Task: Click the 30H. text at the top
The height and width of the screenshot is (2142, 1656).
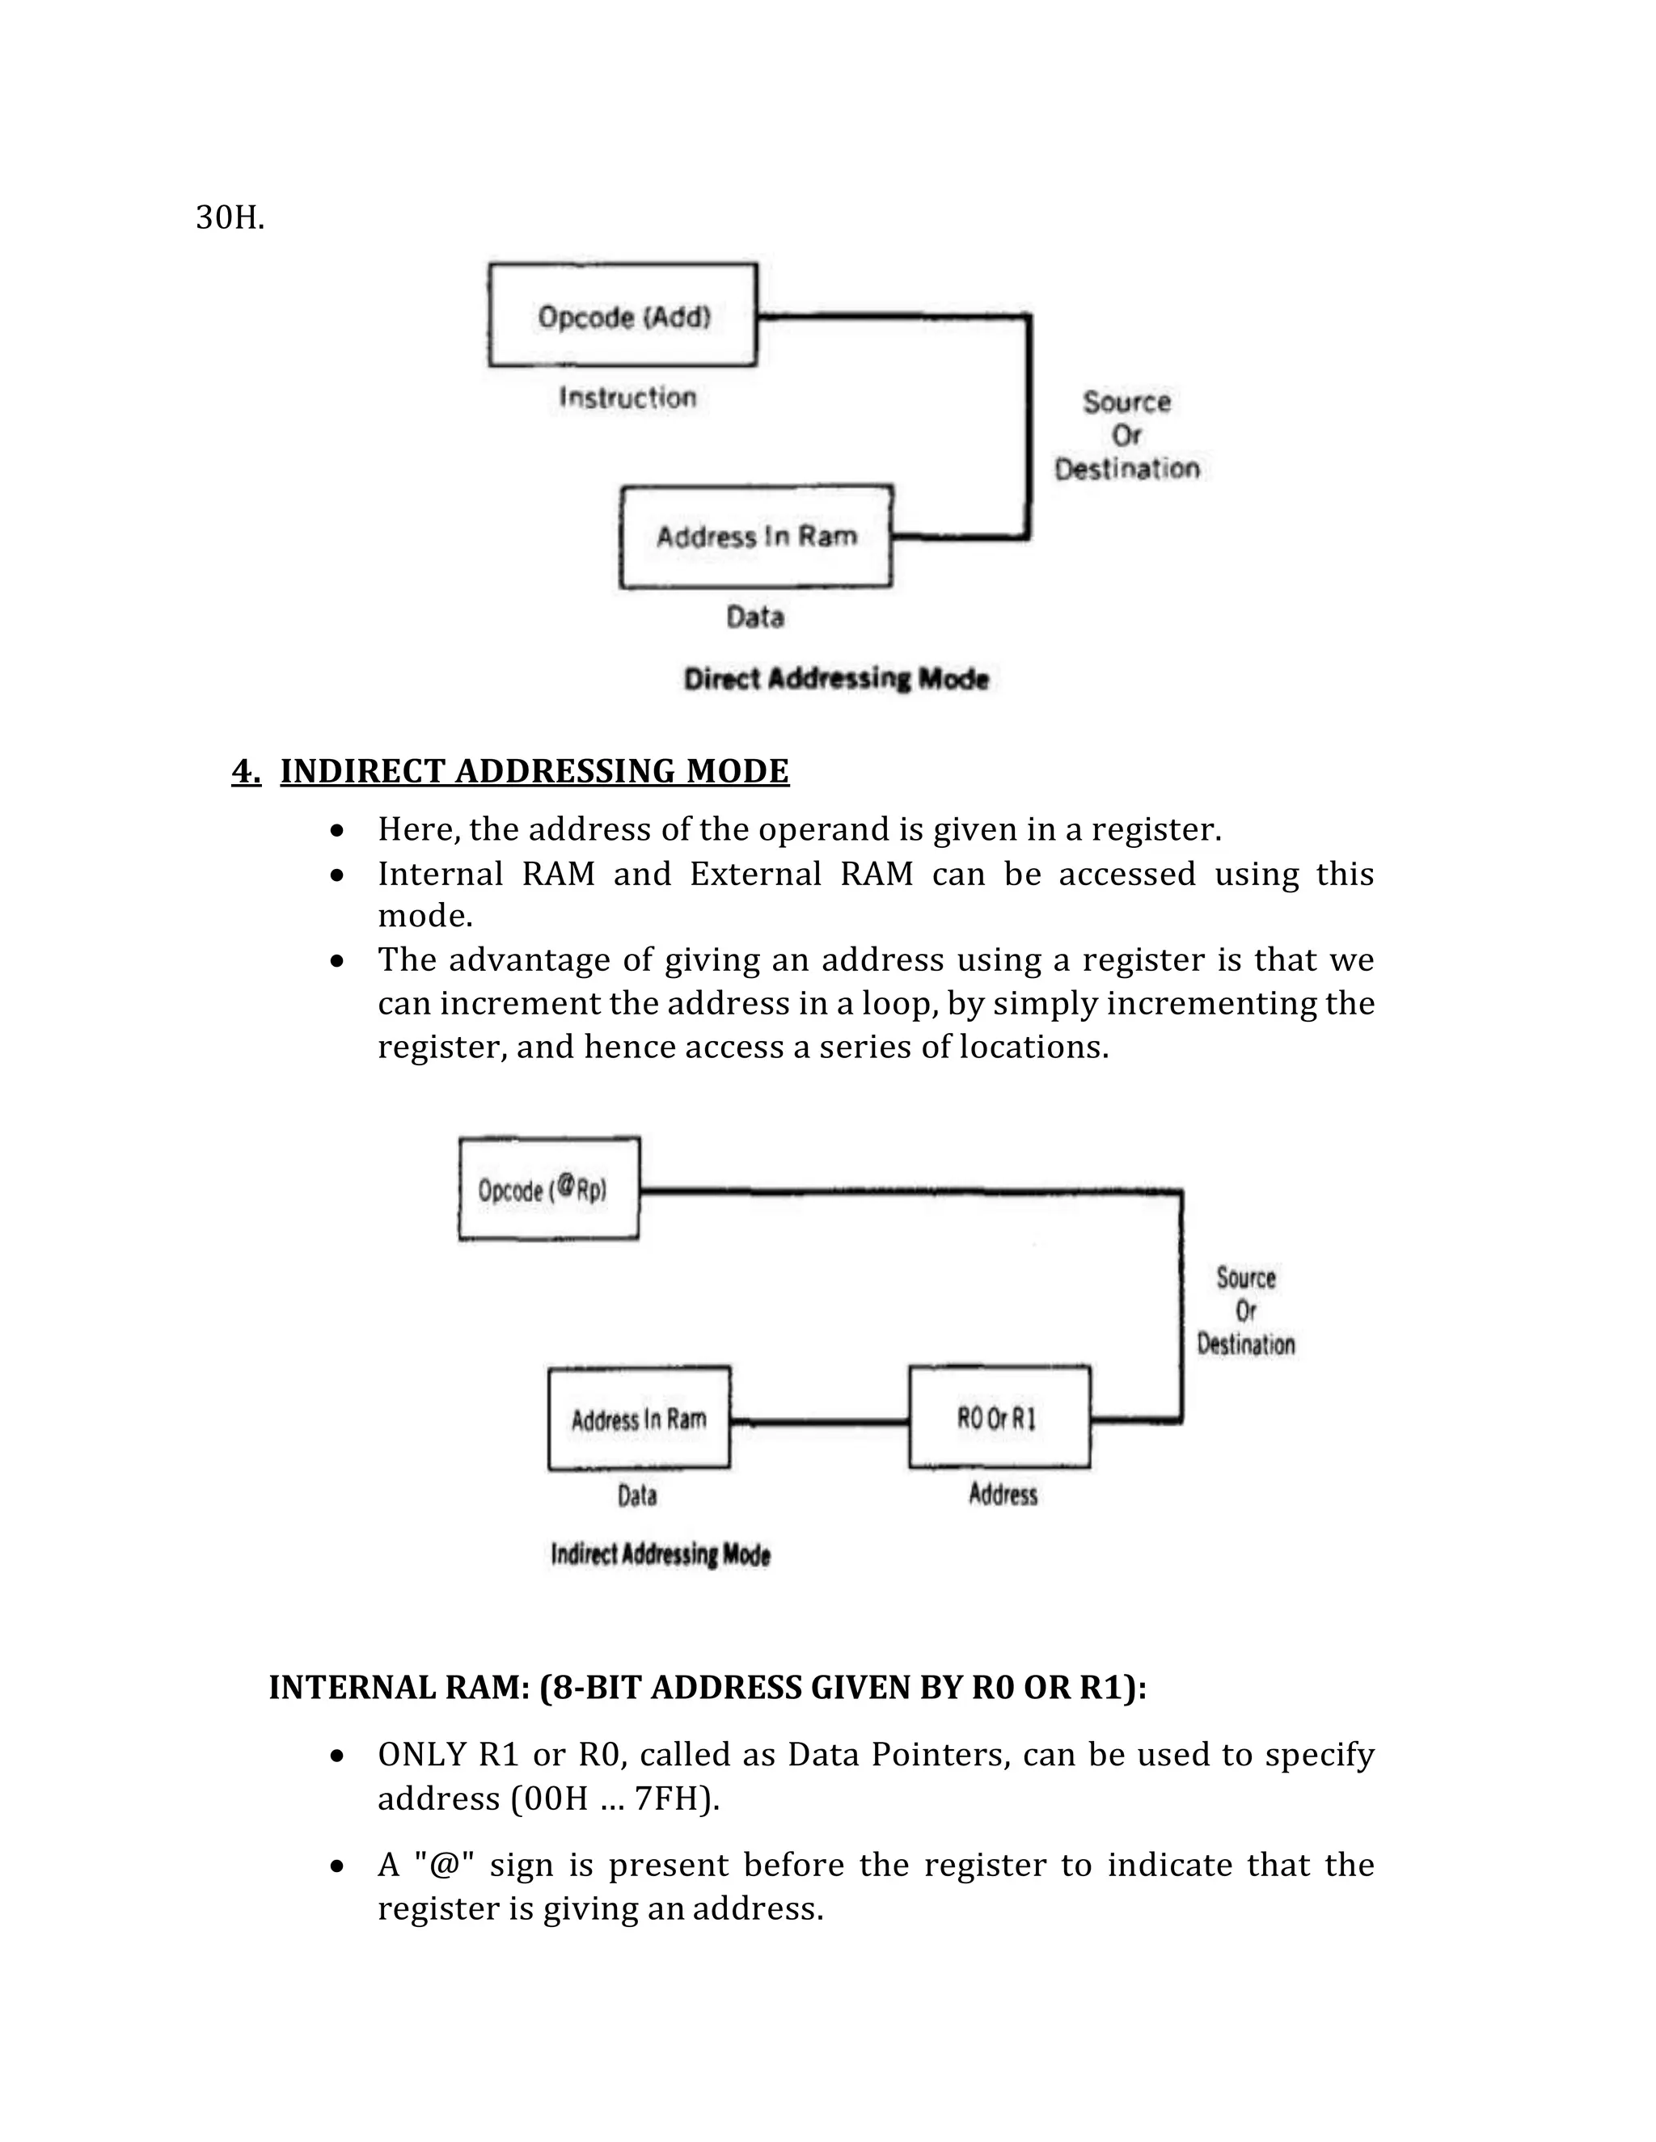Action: (x=230, y=217)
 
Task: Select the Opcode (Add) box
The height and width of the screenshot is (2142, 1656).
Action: (x=623, y=316)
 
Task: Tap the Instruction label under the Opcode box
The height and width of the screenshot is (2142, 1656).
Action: (x=627, y=397)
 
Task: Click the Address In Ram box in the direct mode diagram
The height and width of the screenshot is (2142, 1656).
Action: (x=756, y=537)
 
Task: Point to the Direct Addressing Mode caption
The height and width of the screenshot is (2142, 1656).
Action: (x=836, y=679)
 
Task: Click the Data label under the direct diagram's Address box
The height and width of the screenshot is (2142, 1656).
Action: (x=754, y=617)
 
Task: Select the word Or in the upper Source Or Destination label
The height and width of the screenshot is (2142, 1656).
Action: (x=1126, y=435)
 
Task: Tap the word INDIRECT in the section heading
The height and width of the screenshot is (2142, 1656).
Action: (x=362, y=771)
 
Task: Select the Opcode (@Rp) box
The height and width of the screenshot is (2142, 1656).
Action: (x=549, y=1190)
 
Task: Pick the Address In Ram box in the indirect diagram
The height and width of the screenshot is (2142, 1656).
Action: (x=639, y=1419)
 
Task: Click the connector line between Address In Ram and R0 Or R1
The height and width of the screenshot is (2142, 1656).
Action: (x=819, y=1420)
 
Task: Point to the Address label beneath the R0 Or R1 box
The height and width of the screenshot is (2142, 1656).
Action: (x=1003, y=1495)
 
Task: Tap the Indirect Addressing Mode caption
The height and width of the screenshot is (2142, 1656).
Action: (x=661, y=1554)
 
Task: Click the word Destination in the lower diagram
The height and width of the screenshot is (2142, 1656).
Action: (x=1246, y=1343)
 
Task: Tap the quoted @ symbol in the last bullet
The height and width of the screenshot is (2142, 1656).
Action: (x=445, y=1865)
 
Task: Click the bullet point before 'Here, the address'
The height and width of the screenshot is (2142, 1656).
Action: (x=337, y=831)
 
